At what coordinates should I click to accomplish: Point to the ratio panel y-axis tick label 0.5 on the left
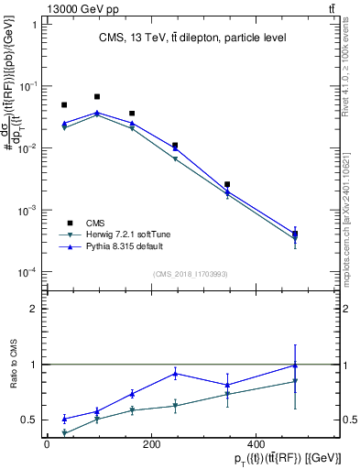28,420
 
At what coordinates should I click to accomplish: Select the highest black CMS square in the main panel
97,96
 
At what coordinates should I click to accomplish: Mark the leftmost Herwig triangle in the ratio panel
64,433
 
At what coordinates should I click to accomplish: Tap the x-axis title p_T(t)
274,459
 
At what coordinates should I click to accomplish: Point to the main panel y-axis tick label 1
33,25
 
